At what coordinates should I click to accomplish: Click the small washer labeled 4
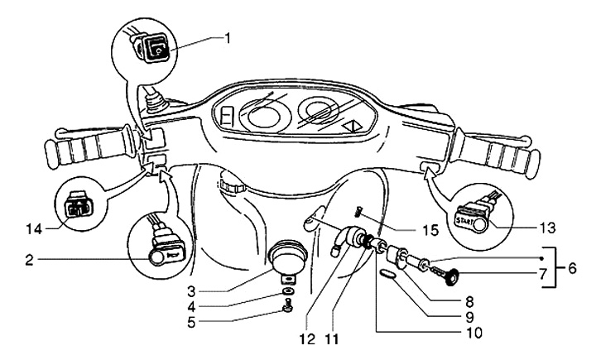pyautogui.click(x=286, y=292)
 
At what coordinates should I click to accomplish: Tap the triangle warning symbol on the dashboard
pyautogui.click(x=354, y=127)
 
